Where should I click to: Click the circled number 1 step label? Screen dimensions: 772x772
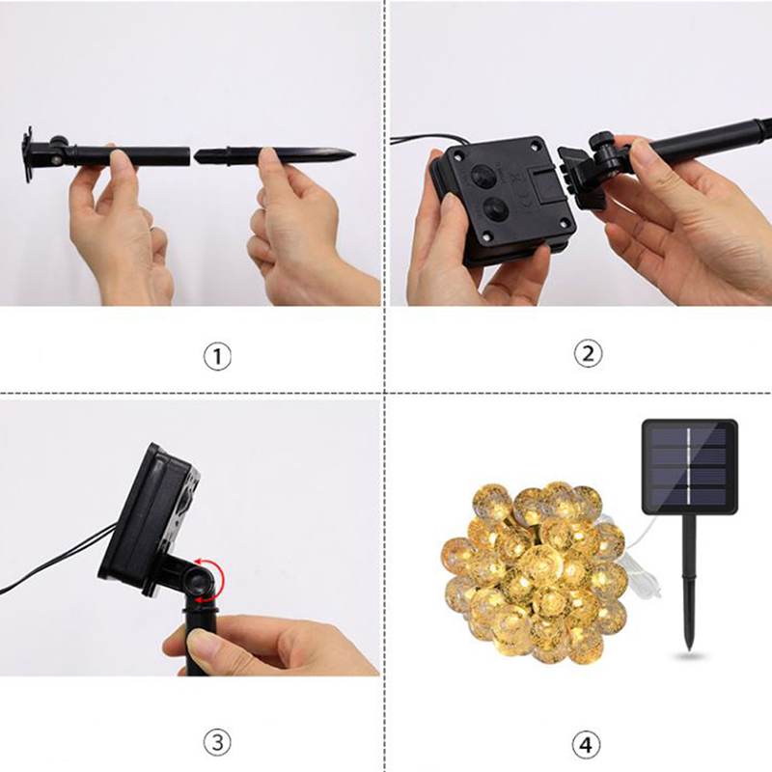pyautogui.click(x=217, y=356)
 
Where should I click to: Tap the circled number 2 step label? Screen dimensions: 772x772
pyautogui.click(x=588, y=353)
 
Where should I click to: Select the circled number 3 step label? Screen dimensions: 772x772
pyautogui.click(x=217, y=742)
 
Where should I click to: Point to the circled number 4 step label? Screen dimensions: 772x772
pyautogui.click(x=586, y=745)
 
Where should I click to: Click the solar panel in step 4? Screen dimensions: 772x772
pyautogui.click(x=690, y=466)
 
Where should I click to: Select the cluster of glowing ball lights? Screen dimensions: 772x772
pyautogui.click(x=535, y=568)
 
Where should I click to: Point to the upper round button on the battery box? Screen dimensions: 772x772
pyautogui.click(x=483, y=176)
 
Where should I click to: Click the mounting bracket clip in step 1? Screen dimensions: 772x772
pyautogui.click(x=28, y=154)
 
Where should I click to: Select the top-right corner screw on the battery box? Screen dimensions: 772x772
pyautogui.click(x=537, y=146)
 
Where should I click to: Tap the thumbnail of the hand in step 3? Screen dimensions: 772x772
pyautogui.click(x=201, y=642)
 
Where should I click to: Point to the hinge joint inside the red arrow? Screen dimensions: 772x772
pyautogui.click(x=202, y=580)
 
